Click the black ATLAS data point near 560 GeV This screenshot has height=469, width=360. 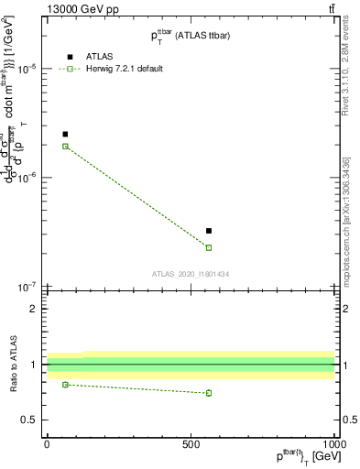[x=209, y=231]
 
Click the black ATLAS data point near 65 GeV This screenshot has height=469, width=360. [x=65, y=135]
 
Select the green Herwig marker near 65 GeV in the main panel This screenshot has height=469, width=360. [x=65, y=147]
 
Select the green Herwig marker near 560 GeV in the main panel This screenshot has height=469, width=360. [x=209, y=247]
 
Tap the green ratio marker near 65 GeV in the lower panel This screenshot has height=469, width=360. [x=65, y=385]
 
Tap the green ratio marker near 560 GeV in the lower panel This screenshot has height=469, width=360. [x=209, y=393]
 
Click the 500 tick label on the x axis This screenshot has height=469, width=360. [x=191, y=443]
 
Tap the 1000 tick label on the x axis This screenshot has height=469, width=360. [x=334, y=443]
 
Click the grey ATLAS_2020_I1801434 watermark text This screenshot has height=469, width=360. [x=191, y=274]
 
